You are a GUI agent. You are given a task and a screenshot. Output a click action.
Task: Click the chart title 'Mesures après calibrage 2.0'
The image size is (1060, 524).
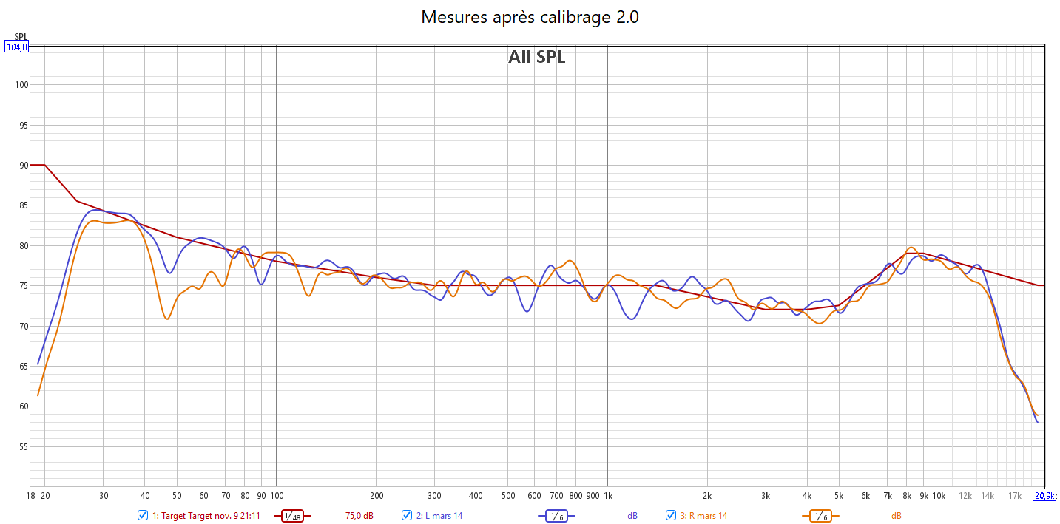click(x=530, y=17)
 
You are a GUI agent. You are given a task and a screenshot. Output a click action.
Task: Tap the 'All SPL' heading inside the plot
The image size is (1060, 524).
click(x=536, y=57)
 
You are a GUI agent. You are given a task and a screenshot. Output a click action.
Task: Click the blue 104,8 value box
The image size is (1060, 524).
click(x=16, y=47)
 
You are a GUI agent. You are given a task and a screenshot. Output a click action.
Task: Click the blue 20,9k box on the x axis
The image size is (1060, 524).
click(x=1044, y=495)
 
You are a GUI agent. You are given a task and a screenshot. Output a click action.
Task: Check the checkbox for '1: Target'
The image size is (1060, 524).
click(x=143, y=515)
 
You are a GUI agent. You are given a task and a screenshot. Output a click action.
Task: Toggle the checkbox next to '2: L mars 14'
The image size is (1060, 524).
click(x=407, y=515)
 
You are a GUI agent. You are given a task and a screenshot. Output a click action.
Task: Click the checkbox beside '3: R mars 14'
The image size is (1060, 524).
click(x=671, y=515)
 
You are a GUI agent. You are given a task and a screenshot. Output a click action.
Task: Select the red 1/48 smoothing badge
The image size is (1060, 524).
click(x=292, y=516)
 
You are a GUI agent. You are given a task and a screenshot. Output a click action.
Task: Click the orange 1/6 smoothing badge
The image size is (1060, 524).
click(x=820, y=516)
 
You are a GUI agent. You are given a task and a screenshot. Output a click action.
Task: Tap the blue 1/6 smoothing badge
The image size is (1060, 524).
click(x=556, y=516)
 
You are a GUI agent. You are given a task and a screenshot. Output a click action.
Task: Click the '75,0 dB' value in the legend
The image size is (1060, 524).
click(x=359, y=516)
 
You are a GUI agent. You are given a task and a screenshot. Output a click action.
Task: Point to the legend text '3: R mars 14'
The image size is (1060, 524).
click(x=703, y=516)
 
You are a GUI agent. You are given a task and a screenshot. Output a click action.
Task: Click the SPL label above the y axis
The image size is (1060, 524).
click(x=20, y=37)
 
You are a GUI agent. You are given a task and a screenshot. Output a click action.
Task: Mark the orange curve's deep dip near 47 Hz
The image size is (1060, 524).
click(x=168, y=319)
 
